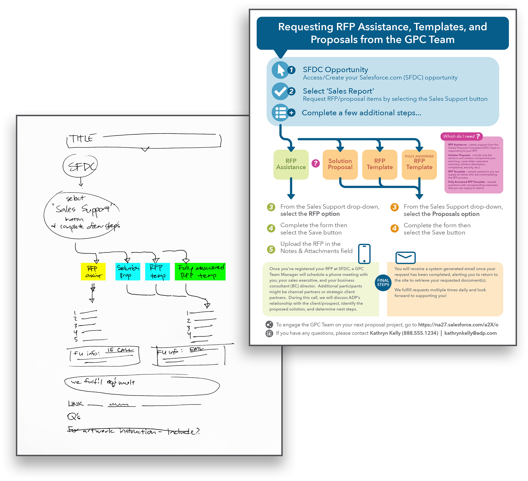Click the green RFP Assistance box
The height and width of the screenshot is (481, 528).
(291, 164)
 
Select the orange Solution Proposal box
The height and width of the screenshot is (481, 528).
(340, 164)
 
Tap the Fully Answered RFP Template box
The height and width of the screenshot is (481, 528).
(419, 164)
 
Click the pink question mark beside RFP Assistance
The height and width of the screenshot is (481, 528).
(315, 163)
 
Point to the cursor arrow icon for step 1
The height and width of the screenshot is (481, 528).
(280, 70)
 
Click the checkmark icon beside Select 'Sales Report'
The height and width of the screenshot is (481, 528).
(280, 91)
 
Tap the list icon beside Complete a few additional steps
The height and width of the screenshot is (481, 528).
(280, 113)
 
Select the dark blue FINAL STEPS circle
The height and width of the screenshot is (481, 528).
(383, 282)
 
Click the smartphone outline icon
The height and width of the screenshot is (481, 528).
(364, 254)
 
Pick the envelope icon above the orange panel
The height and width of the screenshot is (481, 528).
(405, 257)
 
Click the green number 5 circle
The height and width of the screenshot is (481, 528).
(271, 249)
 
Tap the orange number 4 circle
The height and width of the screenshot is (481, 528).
(395, 228)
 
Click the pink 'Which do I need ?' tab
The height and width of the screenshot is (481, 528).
(461, 136)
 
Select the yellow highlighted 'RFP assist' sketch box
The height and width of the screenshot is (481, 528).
(93, 272)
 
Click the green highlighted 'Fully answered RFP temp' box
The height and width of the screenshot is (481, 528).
(200, 272)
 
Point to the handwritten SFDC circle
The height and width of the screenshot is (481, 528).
(80, 166)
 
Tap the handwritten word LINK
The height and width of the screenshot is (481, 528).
(76, 404)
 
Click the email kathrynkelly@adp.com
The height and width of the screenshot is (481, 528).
(470, 333)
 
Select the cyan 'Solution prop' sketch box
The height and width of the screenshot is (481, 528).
(128, 272)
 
